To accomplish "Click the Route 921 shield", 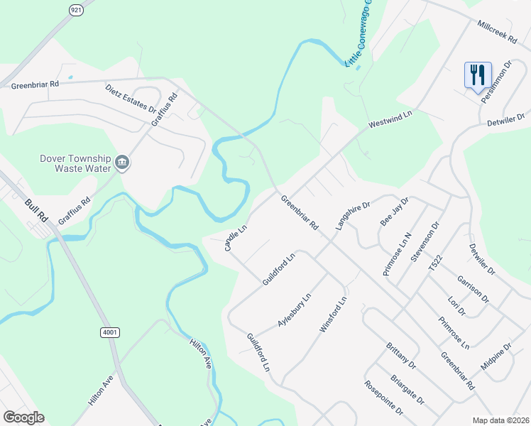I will click(76, 9).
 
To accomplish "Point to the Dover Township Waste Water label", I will click(77, 163).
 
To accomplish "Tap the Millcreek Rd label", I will click(498, 33).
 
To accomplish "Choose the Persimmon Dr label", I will click(496, 82).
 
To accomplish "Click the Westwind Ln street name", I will click(390, 119).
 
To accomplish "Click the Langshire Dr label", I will click(354, 216).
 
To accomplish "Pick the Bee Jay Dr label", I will click(395, 211).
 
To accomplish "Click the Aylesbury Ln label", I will click(295, 310).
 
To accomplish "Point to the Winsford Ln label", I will click(333, 316).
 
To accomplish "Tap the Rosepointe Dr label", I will click(383, 399).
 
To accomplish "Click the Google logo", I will click(23, 417).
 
